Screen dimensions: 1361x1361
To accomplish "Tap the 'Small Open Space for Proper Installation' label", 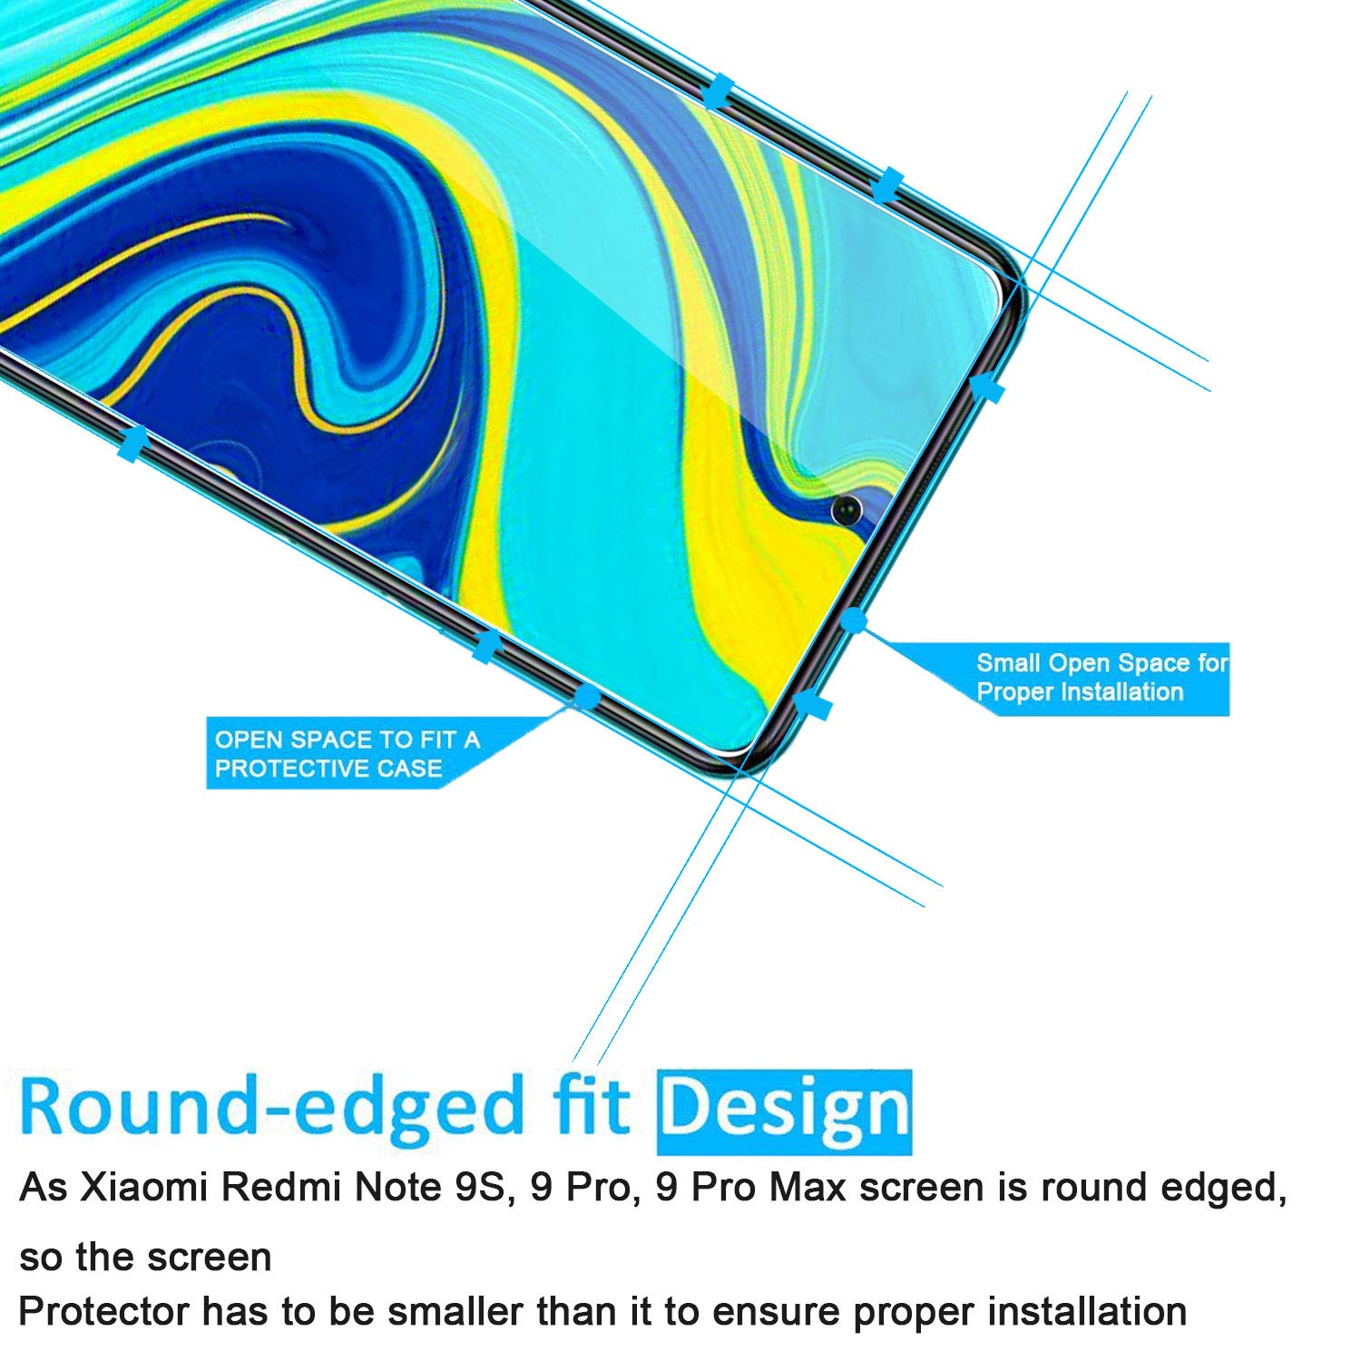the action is pos(1102,678).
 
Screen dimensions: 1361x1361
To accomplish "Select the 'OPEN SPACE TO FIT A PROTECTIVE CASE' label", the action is pos(348,754).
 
